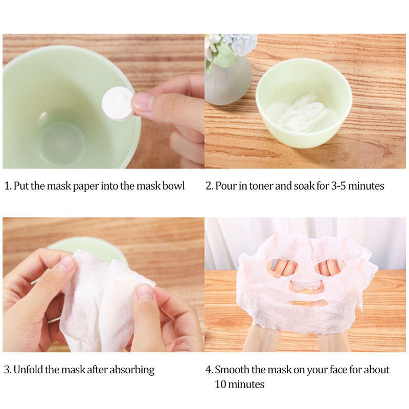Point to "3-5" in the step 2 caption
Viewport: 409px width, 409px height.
[x=338, y=186]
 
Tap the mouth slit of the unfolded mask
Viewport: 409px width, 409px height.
[x=305, y=304]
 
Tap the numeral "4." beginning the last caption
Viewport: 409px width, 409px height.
[x=209, y=370]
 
